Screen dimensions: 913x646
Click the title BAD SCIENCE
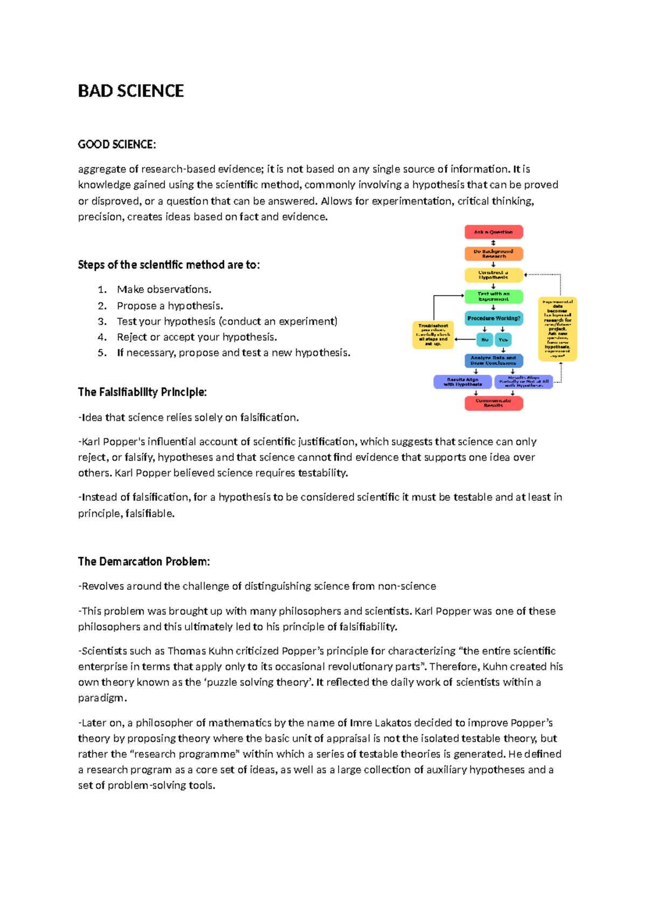[131, 91]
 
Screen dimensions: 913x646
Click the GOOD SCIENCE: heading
[117, 144]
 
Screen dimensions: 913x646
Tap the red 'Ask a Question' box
[494, 232]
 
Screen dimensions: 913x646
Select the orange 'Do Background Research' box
[494, 254]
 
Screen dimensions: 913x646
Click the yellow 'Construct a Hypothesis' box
[494, 275]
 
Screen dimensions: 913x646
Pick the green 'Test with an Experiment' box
[494, 297]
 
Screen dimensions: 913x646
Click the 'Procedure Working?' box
[494, 318]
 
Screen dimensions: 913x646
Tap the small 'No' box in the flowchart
[484, 340]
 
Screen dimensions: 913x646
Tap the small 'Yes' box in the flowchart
[503, 340]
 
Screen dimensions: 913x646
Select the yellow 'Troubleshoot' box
[433, 335]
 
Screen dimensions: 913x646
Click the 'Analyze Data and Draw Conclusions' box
[494, 360]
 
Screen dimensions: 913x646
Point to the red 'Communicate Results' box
[494, 403]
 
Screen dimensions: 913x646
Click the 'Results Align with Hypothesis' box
[462, 382]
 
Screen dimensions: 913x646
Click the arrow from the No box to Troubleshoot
[465, 340]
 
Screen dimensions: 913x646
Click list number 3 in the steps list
[102, 321]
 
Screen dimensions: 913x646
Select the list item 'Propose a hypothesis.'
[170, 306]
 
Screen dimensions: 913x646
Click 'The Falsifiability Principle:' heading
[142, 392]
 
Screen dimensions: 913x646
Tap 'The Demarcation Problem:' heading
[144, 561]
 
